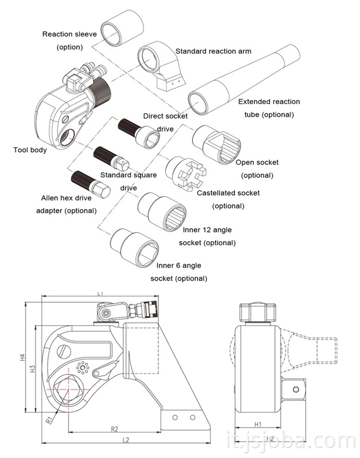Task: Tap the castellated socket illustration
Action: click(185, 173)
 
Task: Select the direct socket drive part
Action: click(139, 131)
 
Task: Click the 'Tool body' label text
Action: click(30, 150)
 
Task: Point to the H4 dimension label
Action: click(22, 357)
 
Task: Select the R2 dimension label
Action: click(115, 428)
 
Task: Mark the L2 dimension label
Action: click(126, 439)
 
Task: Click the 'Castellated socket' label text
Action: click(228, 193)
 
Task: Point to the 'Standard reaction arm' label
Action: click(213, 51)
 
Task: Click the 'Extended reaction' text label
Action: click(269, 102)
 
